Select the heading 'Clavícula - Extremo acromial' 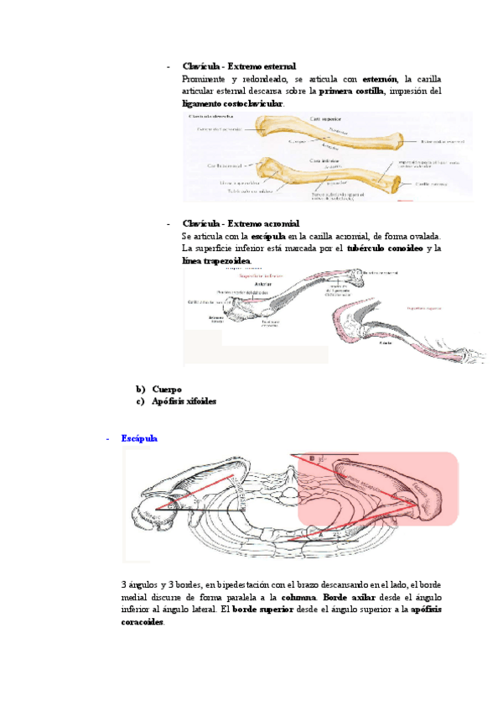click(241, 224)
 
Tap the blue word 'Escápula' click(139, 439)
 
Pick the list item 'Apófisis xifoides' click(184, 401)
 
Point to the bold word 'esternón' click(380, 79)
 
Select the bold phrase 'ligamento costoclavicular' click(232, 103)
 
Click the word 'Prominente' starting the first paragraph click(206, 79)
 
